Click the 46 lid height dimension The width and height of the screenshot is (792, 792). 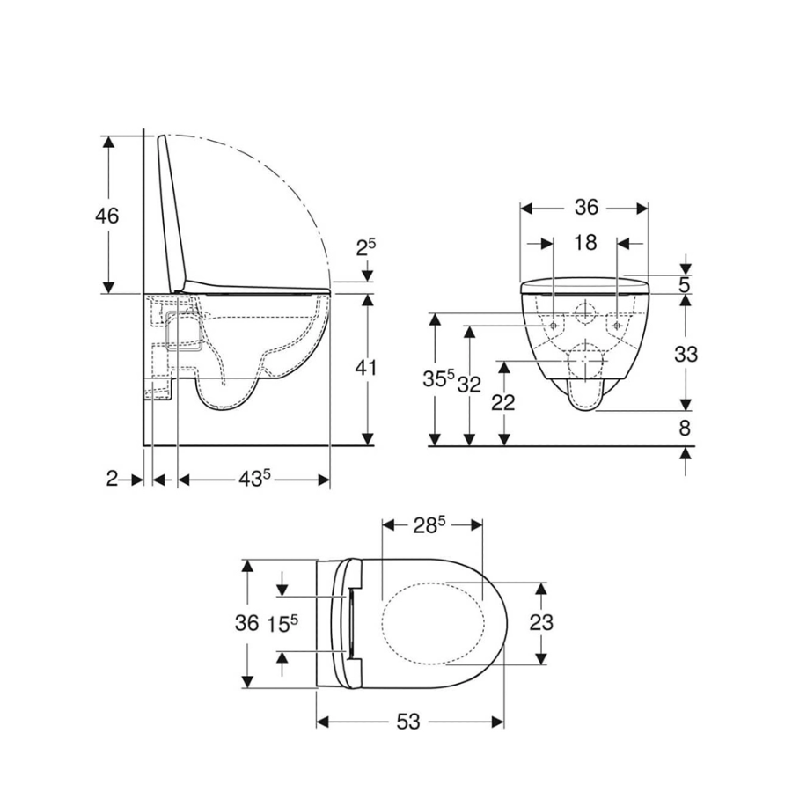click(x=106, y=216)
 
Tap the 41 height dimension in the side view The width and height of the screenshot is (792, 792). click(x=365, y=367)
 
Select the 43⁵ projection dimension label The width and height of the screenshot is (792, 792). click(x=254, y=479)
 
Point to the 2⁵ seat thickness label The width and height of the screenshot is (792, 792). click(x=366, y=246)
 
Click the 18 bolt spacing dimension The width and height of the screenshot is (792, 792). click(x=585, y=243)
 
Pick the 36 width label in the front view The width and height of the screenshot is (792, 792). click(x=586, y=207)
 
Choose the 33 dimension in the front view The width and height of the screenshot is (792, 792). click(x=686, y=354)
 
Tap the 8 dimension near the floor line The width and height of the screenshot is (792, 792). click(x=685, y=428)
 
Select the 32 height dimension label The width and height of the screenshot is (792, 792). click(x=469, y=385)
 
